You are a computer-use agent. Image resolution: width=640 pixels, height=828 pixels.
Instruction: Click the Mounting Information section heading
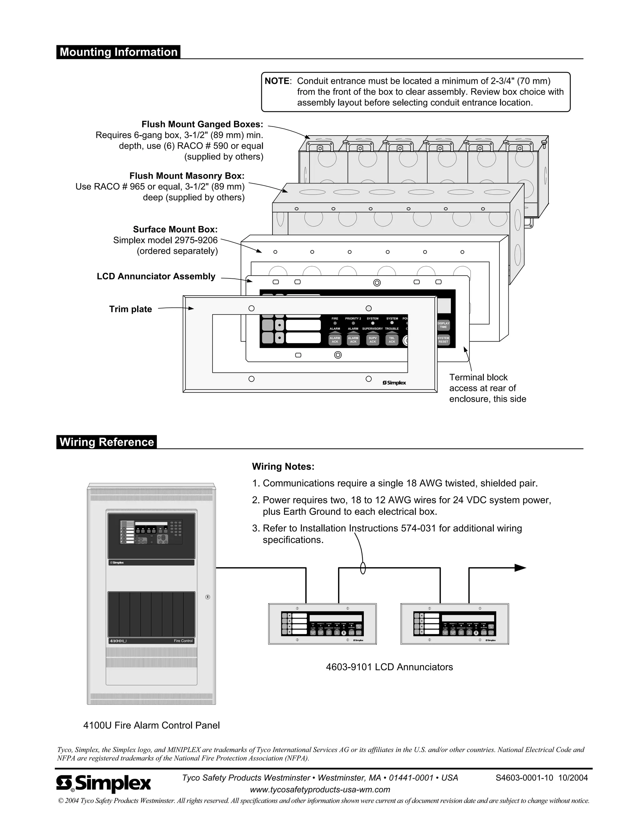point(118,52)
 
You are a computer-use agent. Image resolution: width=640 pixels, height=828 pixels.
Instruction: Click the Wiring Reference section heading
point(107,442)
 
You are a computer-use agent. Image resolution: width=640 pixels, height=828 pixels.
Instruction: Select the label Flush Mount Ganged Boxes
point(202,124)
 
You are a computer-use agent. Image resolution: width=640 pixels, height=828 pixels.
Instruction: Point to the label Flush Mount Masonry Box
point(187,176)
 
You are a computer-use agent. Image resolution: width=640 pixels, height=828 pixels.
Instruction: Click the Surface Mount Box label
point(175,229)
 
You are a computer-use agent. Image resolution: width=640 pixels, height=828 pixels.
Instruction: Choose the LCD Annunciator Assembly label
point(156,277)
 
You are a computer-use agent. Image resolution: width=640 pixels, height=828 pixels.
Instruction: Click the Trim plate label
point(130,309)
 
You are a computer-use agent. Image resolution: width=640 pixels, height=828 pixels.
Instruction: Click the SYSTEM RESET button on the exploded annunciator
point(443,340)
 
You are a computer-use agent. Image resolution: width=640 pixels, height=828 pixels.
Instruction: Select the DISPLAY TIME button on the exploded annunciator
point(443,325)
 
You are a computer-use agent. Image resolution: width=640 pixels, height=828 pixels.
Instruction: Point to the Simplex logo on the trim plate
point(394,383)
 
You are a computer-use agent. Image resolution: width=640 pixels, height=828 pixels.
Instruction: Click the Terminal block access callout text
point(487,388)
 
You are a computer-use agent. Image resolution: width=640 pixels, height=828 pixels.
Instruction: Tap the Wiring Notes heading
point(283,467)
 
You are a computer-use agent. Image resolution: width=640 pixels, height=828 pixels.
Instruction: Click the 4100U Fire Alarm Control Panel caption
point(151,726)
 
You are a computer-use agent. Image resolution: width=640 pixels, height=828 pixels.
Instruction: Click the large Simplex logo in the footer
point(103,783)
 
